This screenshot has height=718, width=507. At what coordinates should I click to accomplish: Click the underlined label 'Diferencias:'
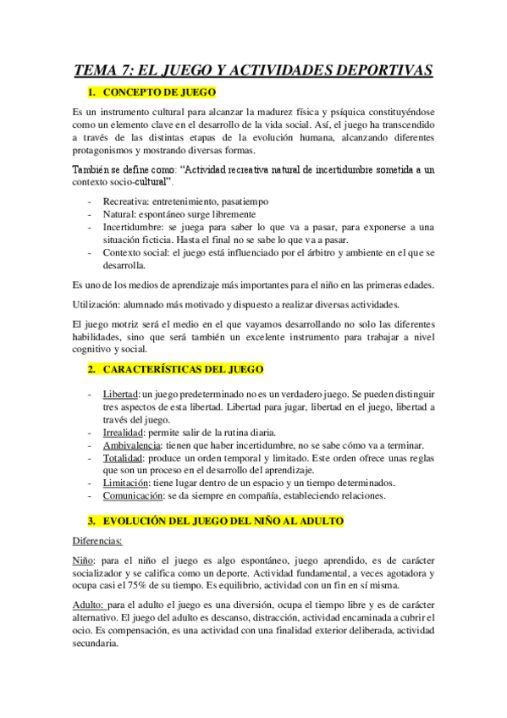click(x=98, y=539)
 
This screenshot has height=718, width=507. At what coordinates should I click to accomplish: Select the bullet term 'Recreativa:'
click(x=127, y=203)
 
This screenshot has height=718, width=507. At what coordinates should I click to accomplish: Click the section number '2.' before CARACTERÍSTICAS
click(x=92, y=369)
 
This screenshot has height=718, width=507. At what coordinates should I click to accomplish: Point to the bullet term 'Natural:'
click(x=120, y=215)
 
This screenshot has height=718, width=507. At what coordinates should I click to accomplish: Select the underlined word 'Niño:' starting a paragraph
click(x=85, y=561)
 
